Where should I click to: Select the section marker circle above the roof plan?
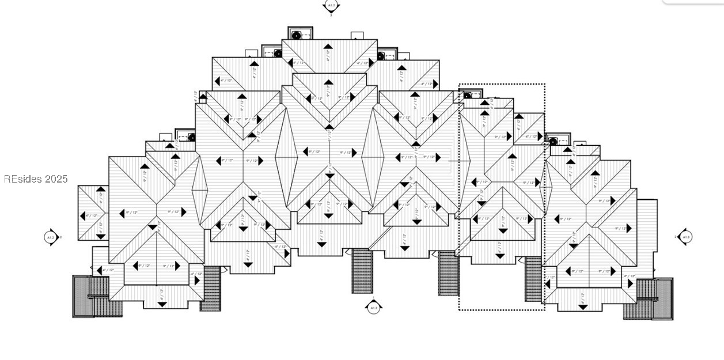[x=331, y=6]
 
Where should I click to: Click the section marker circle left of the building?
[x=51, y=237]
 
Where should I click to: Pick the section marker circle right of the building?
[x=685, y=237]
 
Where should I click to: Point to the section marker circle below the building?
[x=373, y=308]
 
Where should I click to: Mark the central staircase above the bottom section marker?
[x=362, y=271]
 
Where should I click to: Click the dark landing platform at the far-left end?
[x=83, y=296]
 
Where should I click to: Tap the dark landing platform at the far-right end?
[x=662, y=298]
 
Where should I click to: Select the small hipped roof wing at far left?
[x=93, y=213]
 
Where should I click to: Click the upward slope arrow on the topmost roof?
[x=328, y=47]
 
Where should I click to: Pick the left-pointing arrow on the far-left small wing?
[x=82, y=216]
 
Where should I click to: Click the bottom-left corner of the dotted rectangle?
[x=459, y=310]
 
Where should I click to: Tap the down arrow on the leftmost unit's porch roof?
[x=162, y=304]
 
